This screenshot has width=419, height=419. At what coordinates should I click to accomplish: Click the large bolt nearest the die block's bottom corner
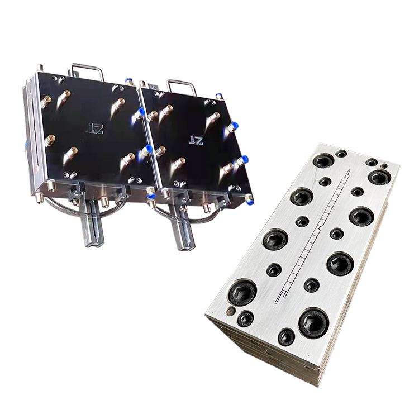pyautogui.click(x=313, y=322)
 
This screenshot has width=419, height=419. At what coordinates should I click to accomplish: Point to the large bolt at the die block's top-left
pyautogui.click(x=323, y=160)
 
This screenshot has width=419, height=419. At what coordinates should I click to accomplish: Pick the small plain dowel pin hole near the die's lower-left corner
pyautogui.click(x=230, y=311)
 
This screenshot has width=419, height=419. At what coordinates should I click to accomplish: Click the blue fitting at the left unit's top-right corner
pyautogui.click(x=129, y=82)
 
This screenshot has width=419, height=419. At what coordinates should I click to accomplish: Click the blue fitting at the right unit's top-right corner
pyautogui.click(x=218, y=97)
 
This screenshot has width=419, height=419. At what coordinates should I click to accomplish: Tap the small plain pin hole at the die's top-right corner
pyautogui.click(x=384, y=166)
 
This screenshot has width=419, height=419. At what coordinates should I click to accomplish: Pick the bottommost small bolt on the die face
pyautogui.click(x=286, y=337)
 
